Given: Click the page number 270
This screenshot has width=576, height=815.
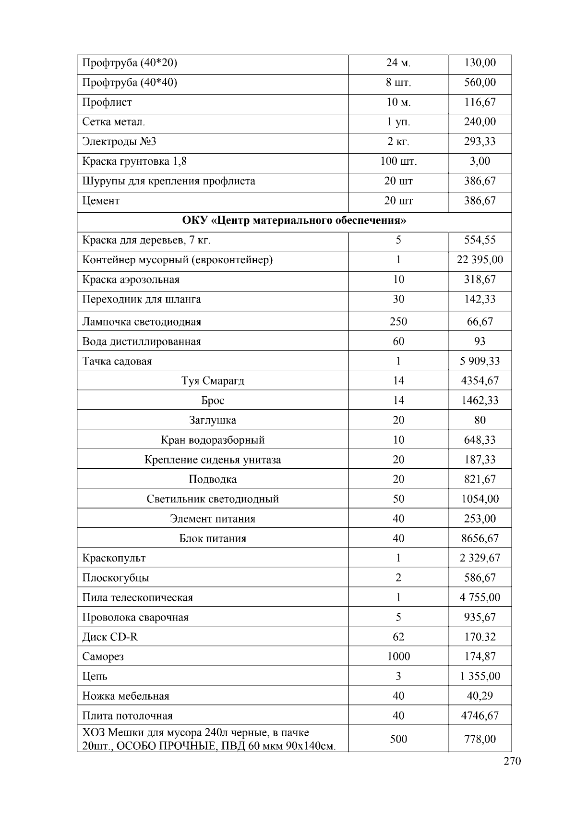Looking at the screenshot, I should click(x=512, y=761).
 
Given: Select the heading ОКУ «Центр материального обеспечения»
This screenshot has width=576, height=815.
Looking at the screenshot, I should click(x=294, y=220).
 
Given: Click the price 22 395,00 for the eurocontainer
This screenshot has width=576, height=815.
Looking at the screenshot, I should click(x=480, y=260).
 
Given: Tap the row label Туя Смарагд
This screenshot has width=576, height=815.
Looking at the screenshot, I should click(x=213, y=381).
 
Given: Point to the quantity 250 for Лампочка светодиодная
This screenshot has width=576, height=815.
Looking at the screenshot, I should click(x=398, y=322).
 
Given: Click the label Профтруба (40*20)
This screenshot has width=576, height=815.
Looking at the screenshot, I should click(x=130, y=63).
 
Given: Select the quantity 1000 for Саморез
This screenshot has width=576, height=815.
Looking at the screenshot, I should click(x=398, y=656).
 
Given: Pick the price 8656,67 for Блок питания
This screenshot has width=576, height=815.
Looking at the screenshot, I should click(x=480, y=538).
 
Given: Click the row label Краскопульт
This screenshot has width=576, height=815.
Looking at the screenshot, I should click(x=114, y=558).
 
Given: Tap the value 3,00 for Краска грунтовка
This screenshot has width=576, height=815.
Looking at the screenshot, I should click(x=480, y=161).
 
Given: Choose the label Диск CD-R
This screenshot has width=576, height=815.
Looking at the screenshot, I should click(x=110, y=637).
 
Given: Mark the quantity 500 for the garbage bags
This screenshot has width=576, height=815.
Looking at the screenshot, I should click(x=398, y=739).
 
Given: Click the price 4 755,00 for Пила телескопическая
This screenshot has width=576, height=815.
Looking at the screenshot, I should click(x=480, y=597).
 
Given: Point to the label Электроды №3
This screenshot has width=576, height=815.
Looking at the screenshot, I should click(x=119, y=142).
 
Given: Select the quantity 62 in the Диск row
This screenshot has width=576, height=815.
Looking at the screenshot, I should click(x=398, y=637).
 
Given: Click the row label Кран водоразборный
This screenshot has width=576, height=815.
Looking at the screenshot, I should click(x=213, y=440).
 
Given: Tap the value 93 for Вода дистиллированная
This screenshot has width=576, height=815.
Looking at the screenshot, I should click(x=480, y=341).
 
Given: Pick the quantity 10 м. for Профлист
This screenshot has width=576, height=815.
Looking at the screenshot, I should click(x=398, y=102).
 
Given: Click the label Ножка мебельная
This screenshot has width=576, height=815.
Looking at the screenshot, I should click(x=126, y=696).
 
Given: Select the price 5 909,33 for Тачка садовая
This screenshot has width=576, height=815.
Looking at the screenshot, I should click(x=480, y=361).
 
